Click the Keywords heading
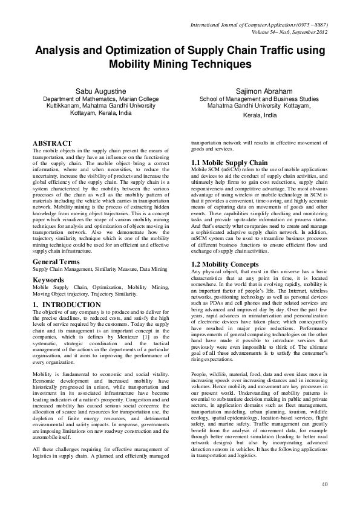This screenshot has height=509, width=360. click(50, 280)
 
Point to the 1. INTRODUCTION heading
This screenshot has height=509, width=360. click(67, 305)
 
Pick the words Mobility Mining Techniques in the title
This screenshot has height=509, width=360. click(180, 63)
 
